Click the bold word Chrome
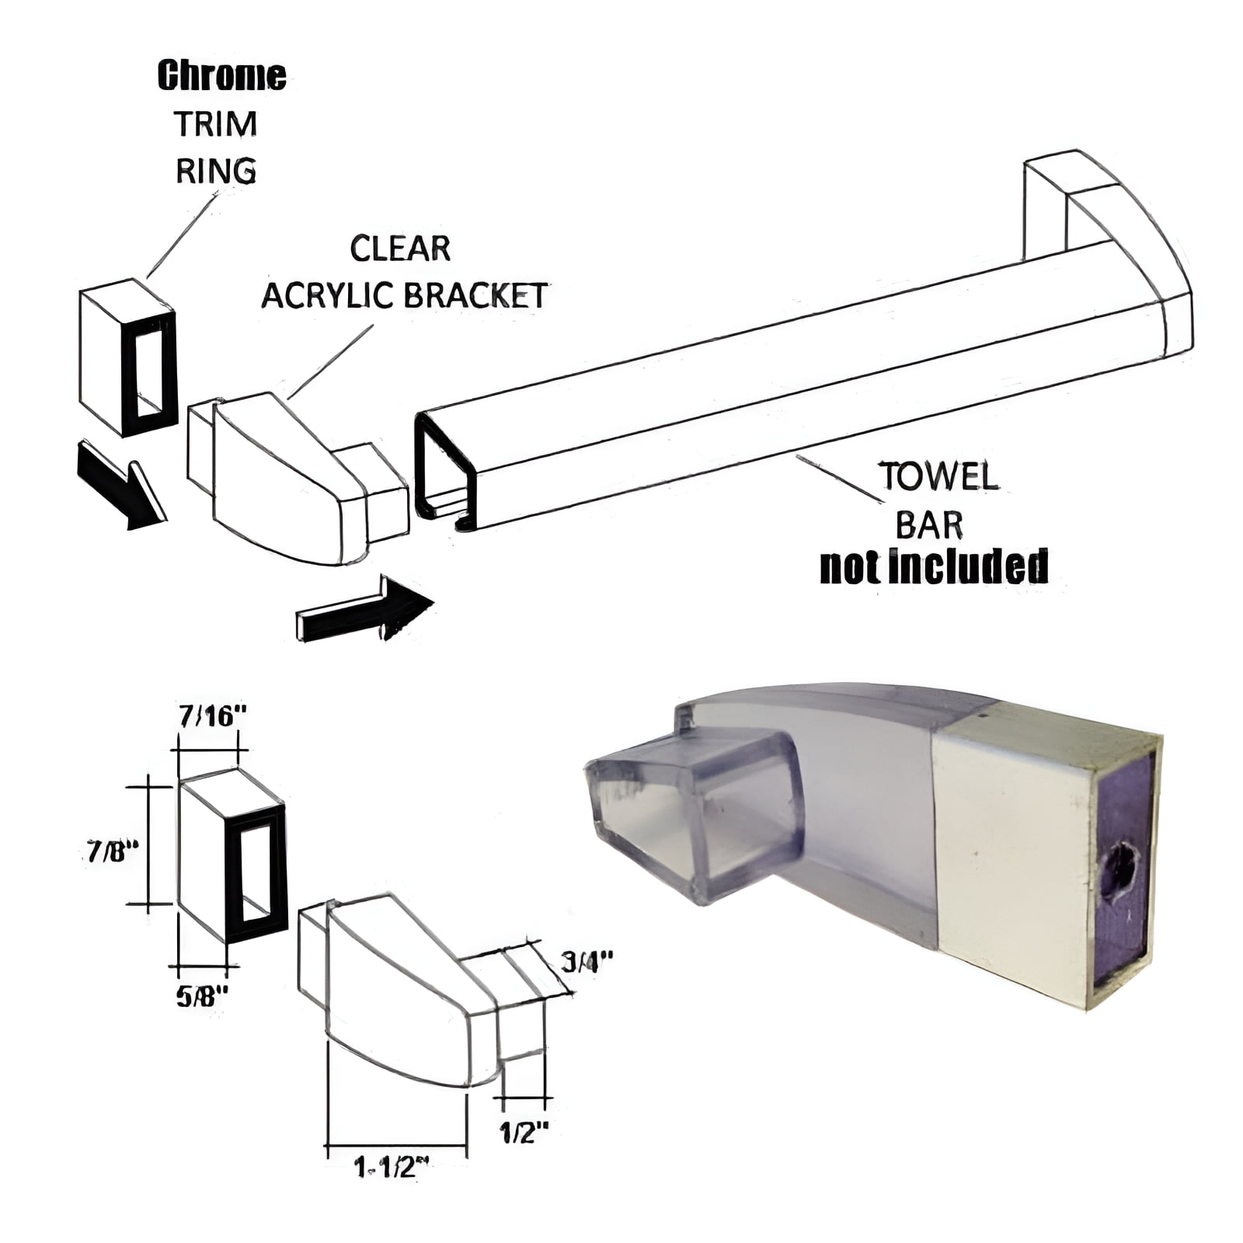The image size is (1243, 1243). (221, 76)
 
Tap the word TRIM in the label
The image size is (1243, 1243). (215, 124)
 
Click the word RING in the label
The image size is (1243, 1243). (216, 171)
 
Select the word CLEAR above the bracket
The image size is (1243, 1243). (400, 249)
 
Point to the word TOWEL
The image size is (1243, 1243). (938, 477)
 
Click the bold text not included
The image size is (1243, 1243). (934, 567)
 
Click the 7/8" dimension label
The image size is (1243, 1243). (112, 852)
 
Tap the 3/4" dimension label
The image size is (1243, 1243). (587, 962)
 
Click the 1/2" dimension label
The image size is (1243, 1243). (524, 1133)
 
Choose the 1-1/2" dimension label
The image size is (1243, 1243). (392, 1167)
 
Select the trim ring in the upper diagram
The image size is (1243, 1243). (128, 357)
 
